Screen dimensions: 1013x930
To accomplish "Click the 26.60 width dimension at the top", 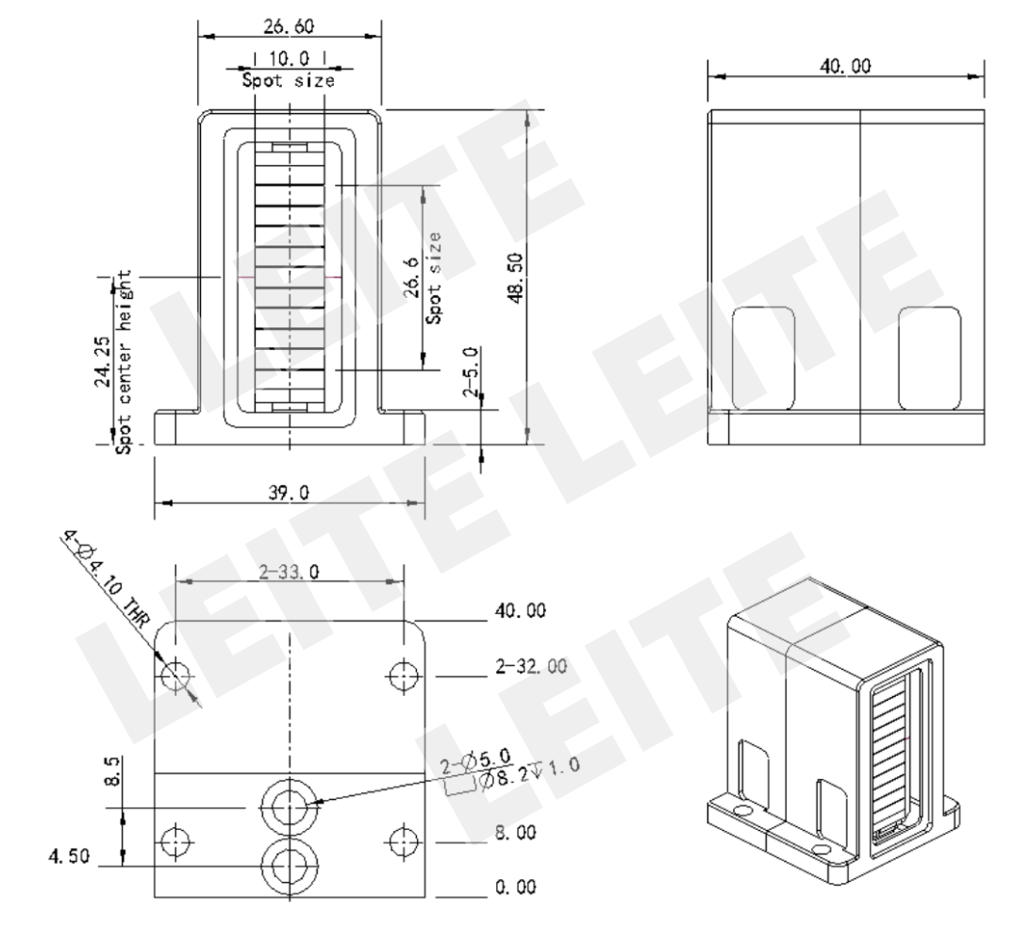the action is (x=289, y=25).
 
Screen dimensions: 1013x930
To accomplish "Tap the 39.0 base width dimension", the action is (x=289, y=492).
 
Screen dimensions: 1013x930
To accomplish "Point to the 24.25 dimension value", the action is (x=103, y=361).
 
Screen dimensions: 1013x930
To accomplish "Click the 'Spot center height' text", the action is (x=124, y=361).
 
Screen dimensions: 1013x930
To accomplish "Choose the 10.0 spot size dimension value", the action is (x=289, y=58).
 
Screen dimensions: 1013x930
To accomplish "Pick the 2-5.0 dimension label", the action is (x=472, y=372).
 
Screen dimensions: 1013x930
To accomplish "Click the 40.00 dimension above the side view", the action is (x=845, y=66).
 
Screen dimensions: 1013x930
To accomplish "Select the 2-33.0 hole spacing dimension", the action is (x=289, y=572).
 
